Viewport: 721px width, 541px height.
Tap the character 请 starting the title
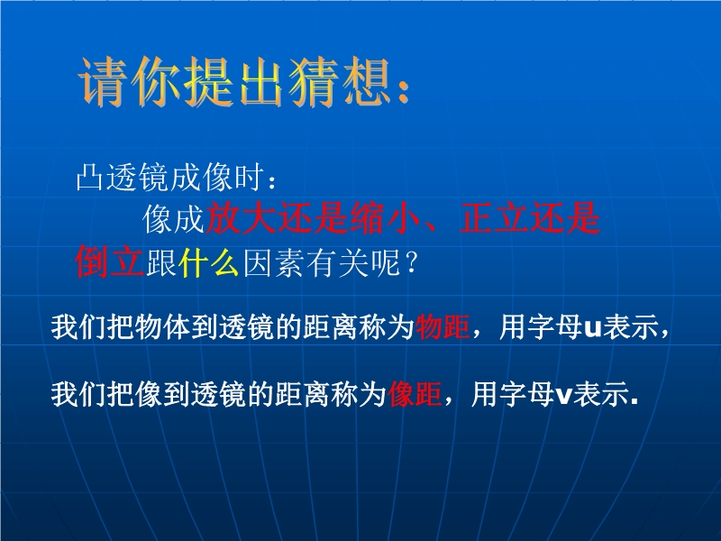click(x=104, y=82)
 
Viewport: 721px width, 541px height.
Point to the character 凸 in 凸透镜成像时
click(x=89, y=176)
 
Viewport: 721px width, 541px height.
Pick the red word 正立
click(x=494, y=217)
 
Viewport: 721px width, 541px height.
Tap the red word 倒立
click(x=110, y=261)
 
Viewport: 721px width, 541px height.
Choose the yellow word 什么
click(x=209, y=262)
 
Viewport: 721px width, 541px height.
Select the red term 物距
click(x=443, y=327)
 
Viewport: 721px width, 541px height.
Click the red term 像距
click(x=415, y=394)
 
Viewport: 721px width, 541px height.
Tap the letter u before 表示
click(x=593, y=329)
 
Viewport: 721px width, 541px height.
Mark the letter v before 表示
click(x=564, y=396)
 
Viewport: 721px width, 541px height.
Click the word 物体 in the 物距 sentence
click(x=162, y=327)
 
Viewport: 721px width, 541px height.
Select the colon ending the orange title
click(x=404, y=92)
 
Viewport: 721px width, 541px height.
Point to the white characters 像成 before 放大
click(x=173, y=218)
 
